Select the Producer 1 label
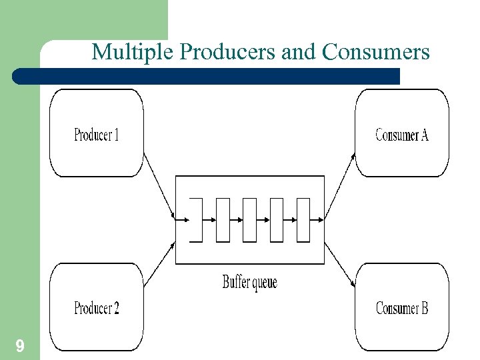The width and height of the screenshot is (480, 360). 97,135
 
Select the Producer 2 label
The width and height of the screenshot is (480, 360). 97,309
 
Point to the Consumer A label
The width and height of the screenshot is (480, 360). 402,135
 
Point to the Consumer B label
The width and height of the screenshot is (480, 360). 402,309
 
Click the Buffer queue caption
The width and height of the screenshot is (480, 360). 249,282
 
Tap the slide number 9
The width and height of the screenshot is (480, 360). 20,345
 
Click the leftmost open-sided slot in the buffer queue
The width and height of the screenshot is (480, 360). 196,219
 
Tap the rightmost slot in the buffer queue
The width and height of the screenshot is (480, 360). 303,219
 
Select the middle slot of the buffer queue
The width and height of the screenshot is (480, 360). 249,219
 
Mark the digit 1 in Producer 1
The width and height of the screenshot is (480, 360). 116,135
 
